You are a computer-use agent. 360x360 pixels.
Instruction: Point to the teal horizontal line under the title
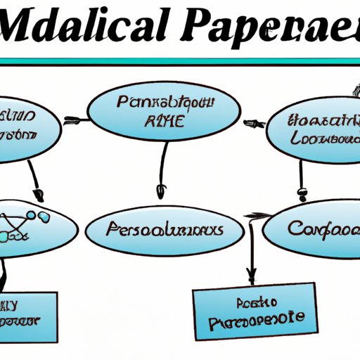[x=180, y=62]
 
